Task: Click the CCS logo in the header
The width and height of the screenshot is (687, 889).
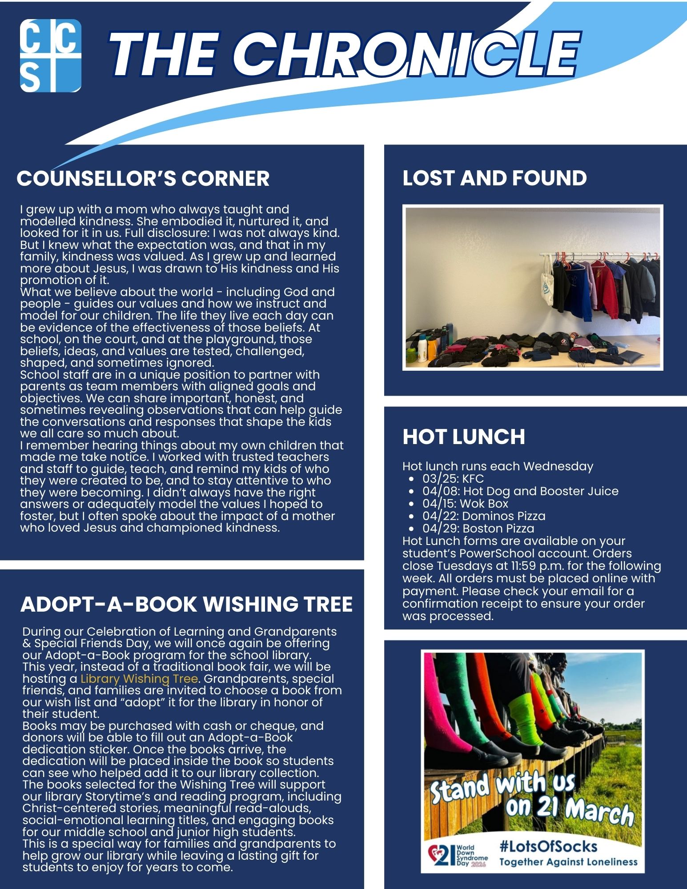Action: [x=51, y=56]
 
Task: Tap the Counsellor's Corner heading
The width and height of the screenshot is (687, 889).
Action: [x=143, y=179]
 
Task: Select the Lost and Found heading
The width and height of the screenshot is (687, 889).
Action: [x=494, y=178]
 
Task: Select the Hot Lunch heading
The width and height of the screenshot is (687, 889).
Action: [x=464, y=436]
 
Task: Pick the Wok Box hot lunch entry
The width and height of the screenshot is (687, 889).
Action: [x=465, y=504]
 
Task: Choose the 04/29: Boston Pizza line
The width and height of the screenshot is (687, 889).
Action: [x=478, y=529]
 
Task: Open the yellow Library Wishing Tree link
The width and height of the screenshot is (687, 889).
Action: [x=139, y=679]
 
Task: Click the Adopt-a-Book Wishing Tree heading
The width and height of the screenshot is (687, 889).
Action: [x=186, y=605]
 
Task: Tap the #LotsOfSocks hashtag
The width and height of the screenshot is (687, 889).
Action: [x=548, y=846]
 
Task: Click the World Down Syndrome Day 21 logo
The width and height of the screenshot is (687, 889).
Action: [x=458, y=856]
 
